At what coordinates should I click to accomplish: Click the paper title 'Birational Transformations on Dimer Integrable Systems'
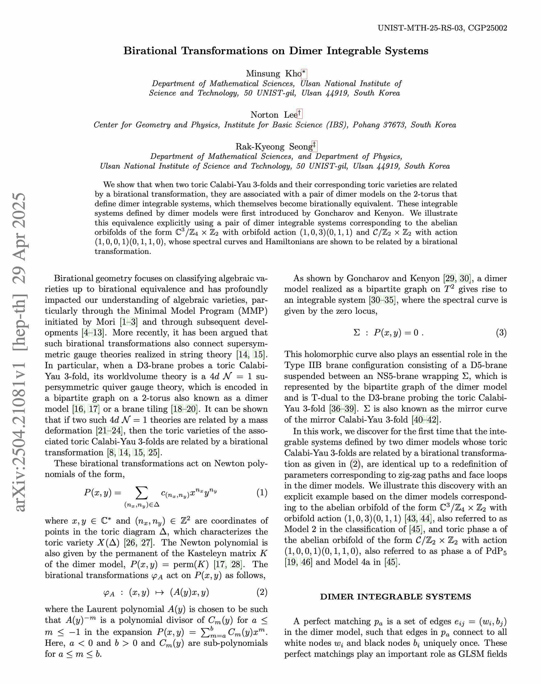(276, 51)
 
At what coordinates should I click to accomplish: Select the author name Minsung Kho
(273, 74)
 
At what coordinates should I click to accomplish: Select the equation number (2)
(262, 592)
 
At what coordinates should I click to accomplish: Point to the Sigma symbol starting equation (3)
(356, 333)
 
